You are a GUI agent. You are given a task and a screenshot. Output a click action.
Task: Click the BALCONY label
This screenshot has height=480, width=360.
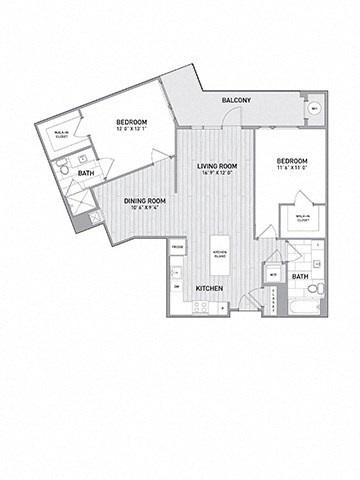[236, 100]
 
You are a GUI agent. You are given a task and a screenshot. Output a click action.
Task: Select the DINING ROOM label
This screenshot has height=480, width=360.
[144, 201]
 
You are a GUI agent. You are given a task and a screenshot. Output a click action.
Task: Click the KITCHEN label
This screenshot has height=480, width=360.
[208, 289]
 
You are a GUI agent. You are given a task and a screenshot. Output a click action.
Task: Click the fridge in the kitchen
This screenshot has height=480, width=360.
[177, 246]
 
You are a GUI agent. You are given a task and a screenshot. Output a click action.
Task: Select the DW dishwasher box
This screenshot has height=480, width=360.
[176, 288]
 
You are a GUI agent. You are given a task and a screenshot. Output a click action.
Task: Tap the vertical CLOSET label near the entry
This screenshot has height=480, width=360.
[270, 301]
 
